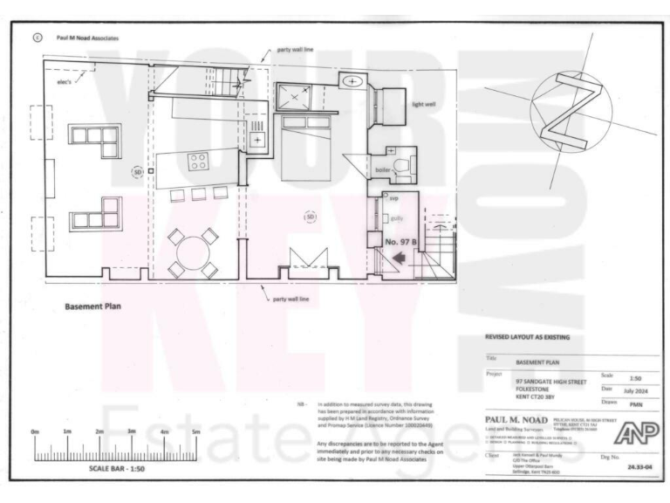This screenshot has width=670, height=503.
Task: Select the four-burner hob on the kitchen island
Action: pyautogui.click(x=197, y=162)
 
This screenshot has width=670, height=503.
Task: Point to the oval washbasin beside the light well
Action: pyautogui.click(x=352, y=81)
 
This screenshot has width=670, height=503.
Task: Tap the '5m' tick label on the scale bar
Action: pyautogui.click(x=195, y=431)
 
